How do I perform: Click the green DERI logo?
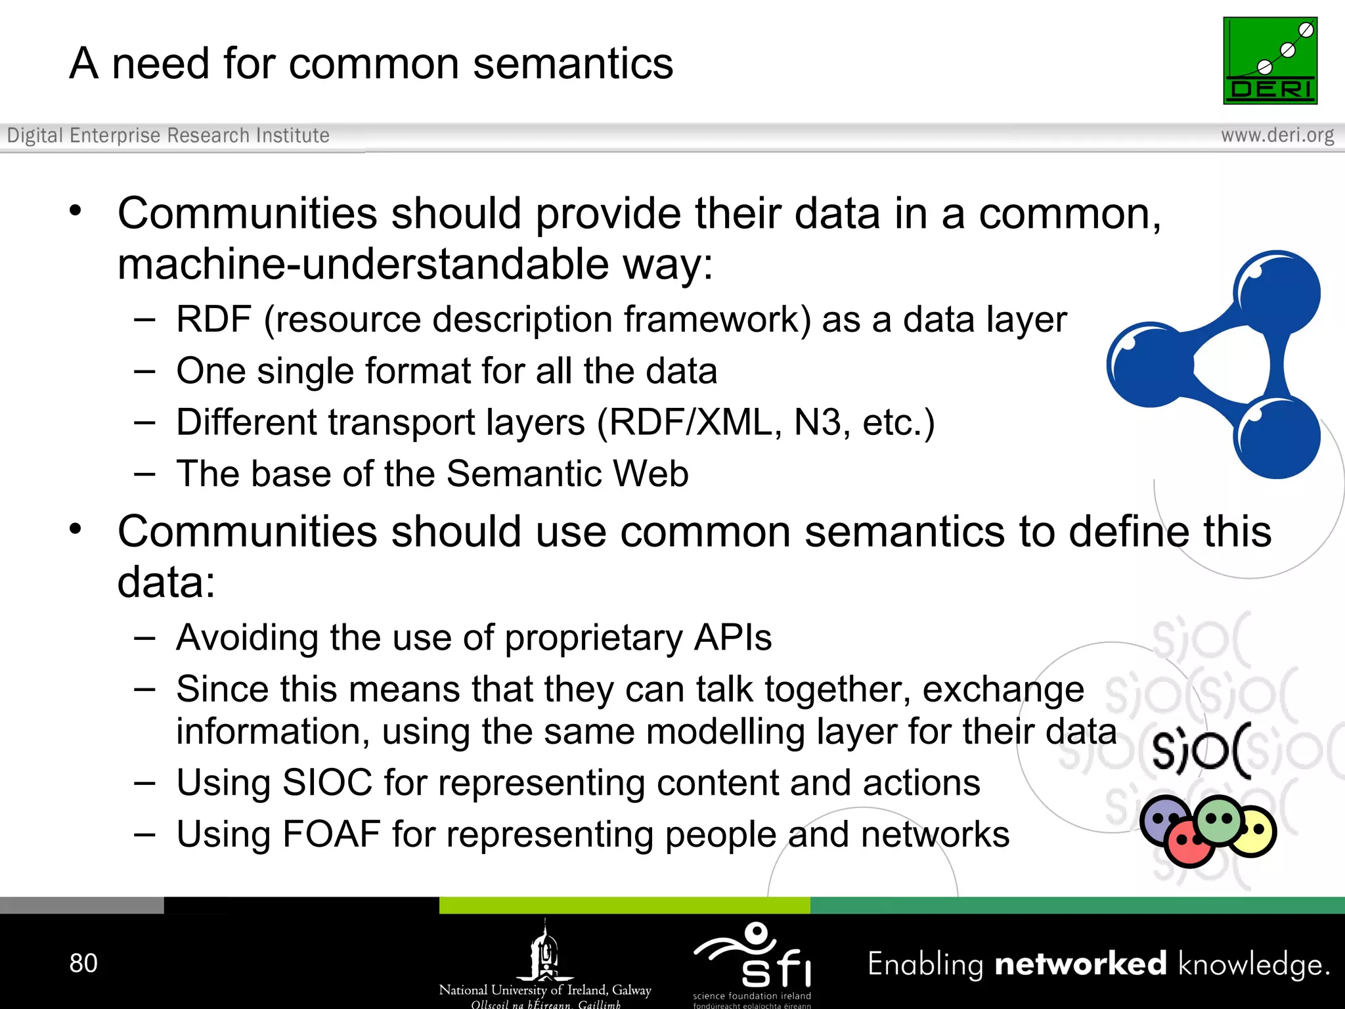[1269, 60]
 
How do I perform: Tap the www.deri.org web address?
[1277, 135]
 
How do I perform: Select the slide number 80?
[83, 963]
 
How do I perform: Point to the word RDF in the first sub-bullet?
[213, 320]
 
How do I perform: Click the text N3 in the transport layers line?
[817, 422]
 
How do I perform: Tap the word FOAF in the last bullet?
[331, 834]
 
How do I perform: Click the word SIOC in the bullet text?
[326, 783]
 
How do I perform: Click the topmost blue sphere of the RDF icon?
[1276, 294]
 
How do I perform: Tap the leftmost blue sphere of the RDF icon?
[1149, 365]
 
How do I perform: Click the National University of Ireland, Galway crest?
[544, 953]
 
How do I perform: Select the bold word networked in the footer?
[1080, 964]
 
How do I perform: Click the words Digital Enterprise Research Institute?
[168, 135]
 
